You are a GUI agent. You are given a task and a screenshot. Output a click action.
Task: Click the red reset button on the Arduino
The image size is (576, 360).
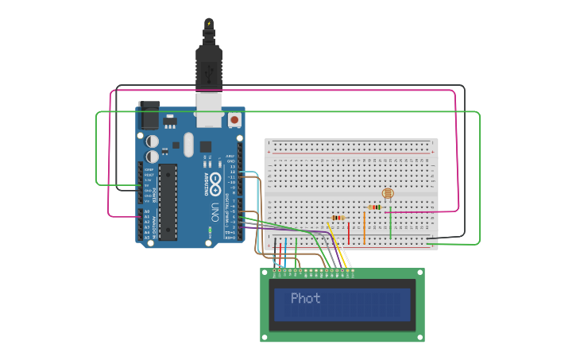(234, 120)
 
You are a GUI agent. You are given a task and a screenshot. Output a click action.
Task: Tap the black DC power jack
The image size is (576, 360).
(149, 117)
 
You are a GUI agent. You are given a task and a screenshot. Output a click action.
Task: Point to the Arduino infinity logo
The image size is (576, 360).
(215, 185)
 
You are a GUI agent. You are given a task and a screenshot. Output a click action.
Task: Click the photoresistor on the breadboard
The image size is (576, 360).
(388, 193)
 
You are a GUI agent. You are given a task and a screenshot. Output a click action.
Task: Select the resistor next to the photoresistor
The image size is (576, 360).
(374, 207)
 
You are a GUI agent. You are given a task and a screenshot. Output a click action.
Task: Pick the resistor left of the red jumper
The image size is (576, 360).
(338, 219)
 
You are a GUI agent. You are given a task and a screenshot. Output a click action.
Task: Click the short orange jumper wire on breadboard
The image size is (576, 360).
(364, 227)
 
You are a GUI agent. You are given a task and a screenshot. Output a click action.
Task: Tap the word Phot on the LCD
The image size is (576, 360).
(306, 299)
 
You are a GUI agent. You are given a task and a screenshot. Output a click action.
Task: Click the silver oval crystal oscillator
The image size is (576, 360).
(188, 144)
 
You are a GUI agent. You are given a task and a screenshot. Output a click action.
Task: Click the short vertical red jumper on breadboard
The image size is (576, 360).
(348, 233)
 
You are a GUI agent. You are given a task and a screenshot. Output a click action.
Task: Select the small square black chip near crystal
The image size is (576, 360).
(205, 146)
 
